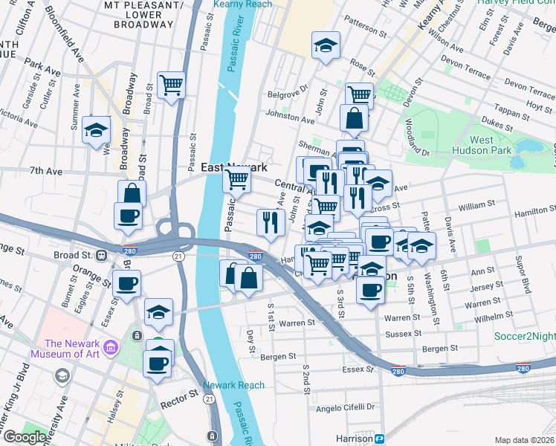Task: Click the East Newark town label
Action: coord(234,168)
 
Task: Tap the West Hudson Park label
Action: coord(491,145)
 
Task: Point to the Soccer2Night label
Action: coord(525,336)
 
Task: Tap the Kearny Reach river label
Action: coord(242,4)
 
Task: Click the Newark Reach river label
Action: coord(234,385)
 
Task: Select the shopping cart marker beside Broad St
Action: coord(172,85)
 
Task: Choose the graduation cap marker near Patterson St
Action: coord(326,46)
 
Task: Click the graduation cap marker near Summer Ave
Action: coord(97,130)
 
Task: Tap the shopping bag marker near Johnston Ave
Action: coord(354,117)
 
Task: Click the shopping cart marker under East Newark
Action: coord(237,179)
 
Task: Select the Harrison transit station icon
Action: coord(379,439)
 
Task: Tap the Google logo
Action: coord(24,437)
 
